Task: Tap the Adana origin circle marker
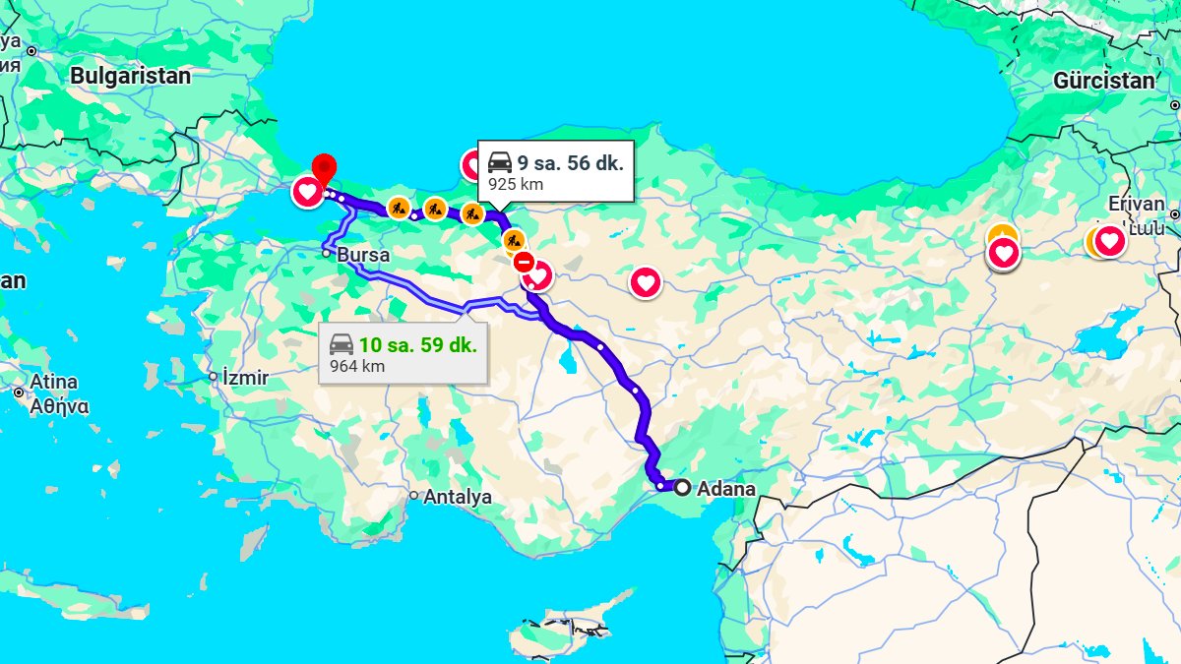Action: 682,487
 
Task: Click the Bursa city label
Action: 363,255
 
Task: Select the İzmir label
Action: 245,378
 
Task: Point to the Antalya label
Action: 457,497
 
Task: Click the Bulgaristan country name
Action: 130,76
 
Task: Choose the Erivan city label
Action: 1136,204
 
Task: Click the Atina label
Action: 53,382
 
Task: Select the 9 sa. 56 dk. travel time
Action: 571,163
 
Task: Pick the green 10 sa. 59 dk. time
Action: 417,345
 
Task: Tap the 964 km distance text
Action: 357,366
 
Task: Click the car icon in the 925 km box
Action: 500,162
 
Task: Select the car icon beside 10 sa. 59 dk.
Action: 342,344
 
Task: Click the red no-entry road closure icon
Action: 524,263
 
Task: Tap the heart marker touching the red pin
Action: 307,191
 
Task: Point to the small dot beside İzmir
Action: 213,377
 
